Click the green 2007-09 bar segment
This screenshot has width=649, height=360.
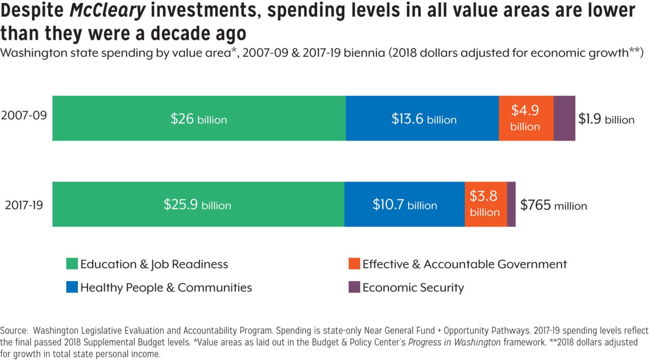(199, 118)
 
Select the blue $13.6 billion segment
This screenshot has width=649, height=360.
(422, 118)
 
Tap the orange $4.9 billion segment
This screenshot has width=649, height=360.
(526, 118)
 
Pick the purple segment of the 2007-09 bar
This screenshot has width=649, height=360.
(564, 118)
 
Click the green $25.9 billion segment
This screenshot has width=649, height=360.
(198, 204)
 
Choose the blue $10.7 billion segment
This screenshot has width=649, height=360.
(404, 204)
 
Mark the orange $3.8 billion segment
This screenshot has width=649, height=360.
(485, 204)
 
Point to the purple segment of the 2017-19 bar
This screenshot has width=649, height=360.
(511, 204)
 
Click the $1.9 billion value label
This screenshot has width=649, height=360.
(606, 119)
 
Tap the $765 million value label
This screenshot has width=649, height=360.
(553, 205)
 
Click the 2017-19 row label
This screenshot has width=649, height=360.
(24, 205)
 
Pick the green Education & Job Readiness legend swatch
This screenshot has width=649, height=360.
(72, 264)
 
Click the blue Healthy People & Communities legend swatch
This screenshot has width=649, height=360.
(72, 287)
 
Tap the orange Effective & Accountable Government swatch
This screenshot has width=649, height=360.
(354, 264)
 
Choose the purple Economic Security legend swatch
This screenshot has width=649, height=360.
(354, 287)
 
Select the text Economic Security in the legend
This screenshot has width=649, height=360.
(413, 287)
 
